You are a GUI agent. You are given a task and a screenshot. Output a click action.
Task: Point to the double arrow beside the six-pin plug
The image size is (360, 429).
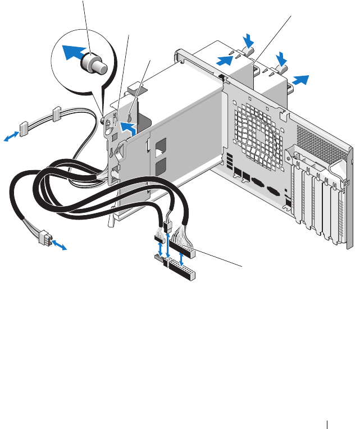tap(59, 245)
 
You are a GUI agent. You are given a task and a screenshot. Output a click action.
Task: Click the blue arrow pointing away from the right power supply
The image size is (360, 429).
tap(300, 79)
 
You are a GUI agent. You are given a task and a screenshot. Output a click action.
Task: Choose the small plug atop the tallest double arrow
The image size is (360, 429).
tap(167, 226)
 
